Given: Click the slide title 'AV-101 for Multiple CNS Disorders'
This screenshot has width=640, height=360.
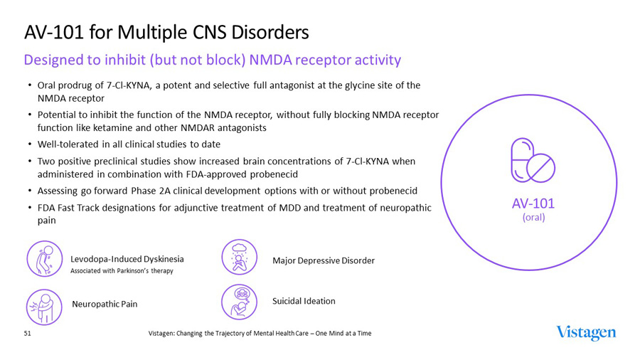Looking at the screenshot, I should click(166, 32).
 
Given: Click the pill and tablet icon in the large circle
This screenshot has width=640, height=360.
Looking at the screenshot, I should click(533, 160).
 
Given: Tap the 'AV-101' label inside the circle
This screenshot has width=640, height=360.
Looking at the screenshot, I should click(533, 203).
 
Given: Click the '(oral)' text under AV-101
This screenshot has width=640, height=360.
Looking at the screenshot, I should click(533, 217).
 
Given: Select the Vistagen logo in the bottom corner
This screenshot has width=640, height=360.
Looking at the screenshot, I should click(586, 333).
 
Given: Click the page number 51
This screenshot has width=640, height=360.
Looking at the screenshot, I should click(28, 333).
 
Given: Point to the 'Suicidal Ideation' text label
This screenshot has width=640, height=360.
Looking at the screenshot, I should click(304, 301).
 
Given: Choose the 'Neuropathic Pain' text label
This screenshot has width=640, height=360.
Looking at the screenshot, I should click(105, 304).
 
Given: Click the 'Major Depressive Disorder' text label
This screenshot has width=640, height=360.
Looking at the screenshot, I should click(324, 260).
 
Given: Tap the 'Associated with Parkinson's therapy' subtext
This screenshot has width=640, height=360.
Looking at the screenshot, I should click(122, 270).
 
